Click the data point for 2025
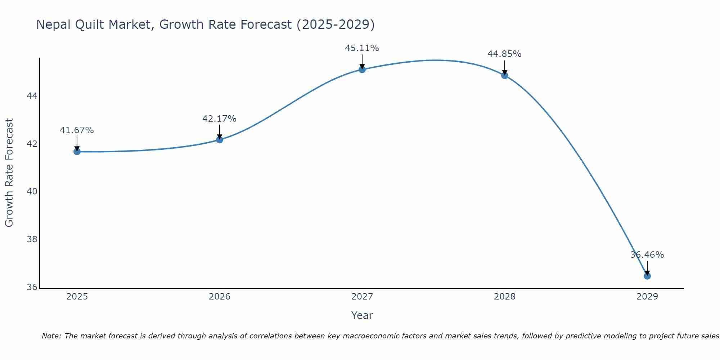pos(77,152)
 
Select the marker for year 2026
pos(219,140)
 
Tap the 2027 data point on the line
pos(362,69)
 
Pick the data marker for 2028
pos(504,75)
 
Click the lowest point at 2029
pos(647,276)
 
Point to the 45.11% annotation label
pos(362,48)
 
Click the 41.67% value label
pos(77,130)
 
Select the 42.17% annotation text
pos(219,119)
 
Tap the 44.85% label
pos(504,54)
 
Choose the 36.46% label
pos(647,255)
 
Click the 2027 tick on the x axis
pos(362,297)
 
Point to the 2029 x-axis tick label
pos(647,297)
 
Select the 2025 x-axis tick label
pos(77,297)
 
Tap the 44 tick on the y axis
pos(32,96)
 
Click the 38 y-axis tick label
pos(32,239)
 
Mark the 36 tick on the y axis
pos(32,287)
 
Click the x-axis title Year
pos(362,315)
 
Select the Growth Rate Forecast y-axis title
pos(9,173)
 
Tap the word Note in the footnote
pos(51,336)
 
